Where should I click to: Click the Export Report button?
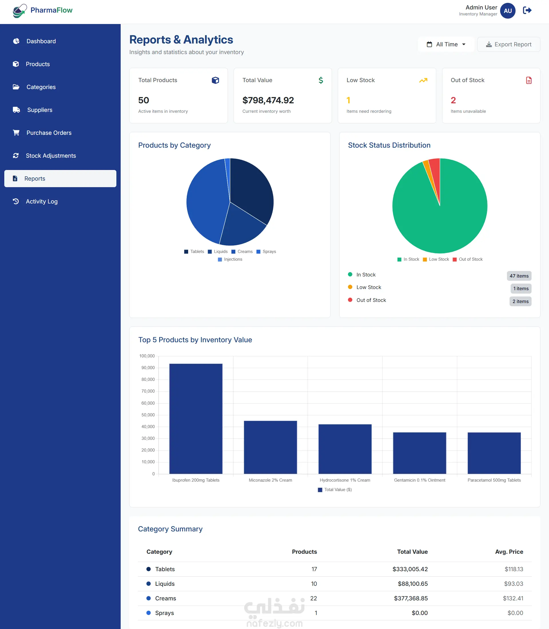point(508,44)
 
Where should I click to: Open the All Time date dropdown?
point(446,44)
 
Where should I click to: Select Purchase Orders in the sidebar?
point(49,133)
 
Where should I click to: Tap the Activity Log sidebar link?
point(42,201)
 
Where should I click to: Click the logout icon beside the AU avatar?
point(527,10)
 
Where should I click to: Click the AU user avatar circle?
point(508,11)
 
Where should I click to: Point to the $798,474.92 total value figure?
point(268,100)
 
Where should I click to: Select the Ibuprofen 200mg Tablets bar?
point(196,419)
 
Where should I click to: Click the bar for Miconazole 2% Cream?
point(270,447)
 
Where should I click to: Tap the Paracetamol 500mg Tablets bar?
point(494,453)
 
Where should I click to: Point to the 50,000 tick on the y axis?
point(148,415)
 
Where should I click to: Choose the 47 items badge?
point(519,276)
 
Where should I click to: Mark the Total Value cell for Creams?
point(411,598)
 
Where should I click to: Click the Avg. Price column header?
point(509,552)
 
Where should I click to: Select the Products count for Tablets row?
point(314,569)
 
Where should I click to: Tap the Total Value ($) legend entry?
point(335,490)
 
